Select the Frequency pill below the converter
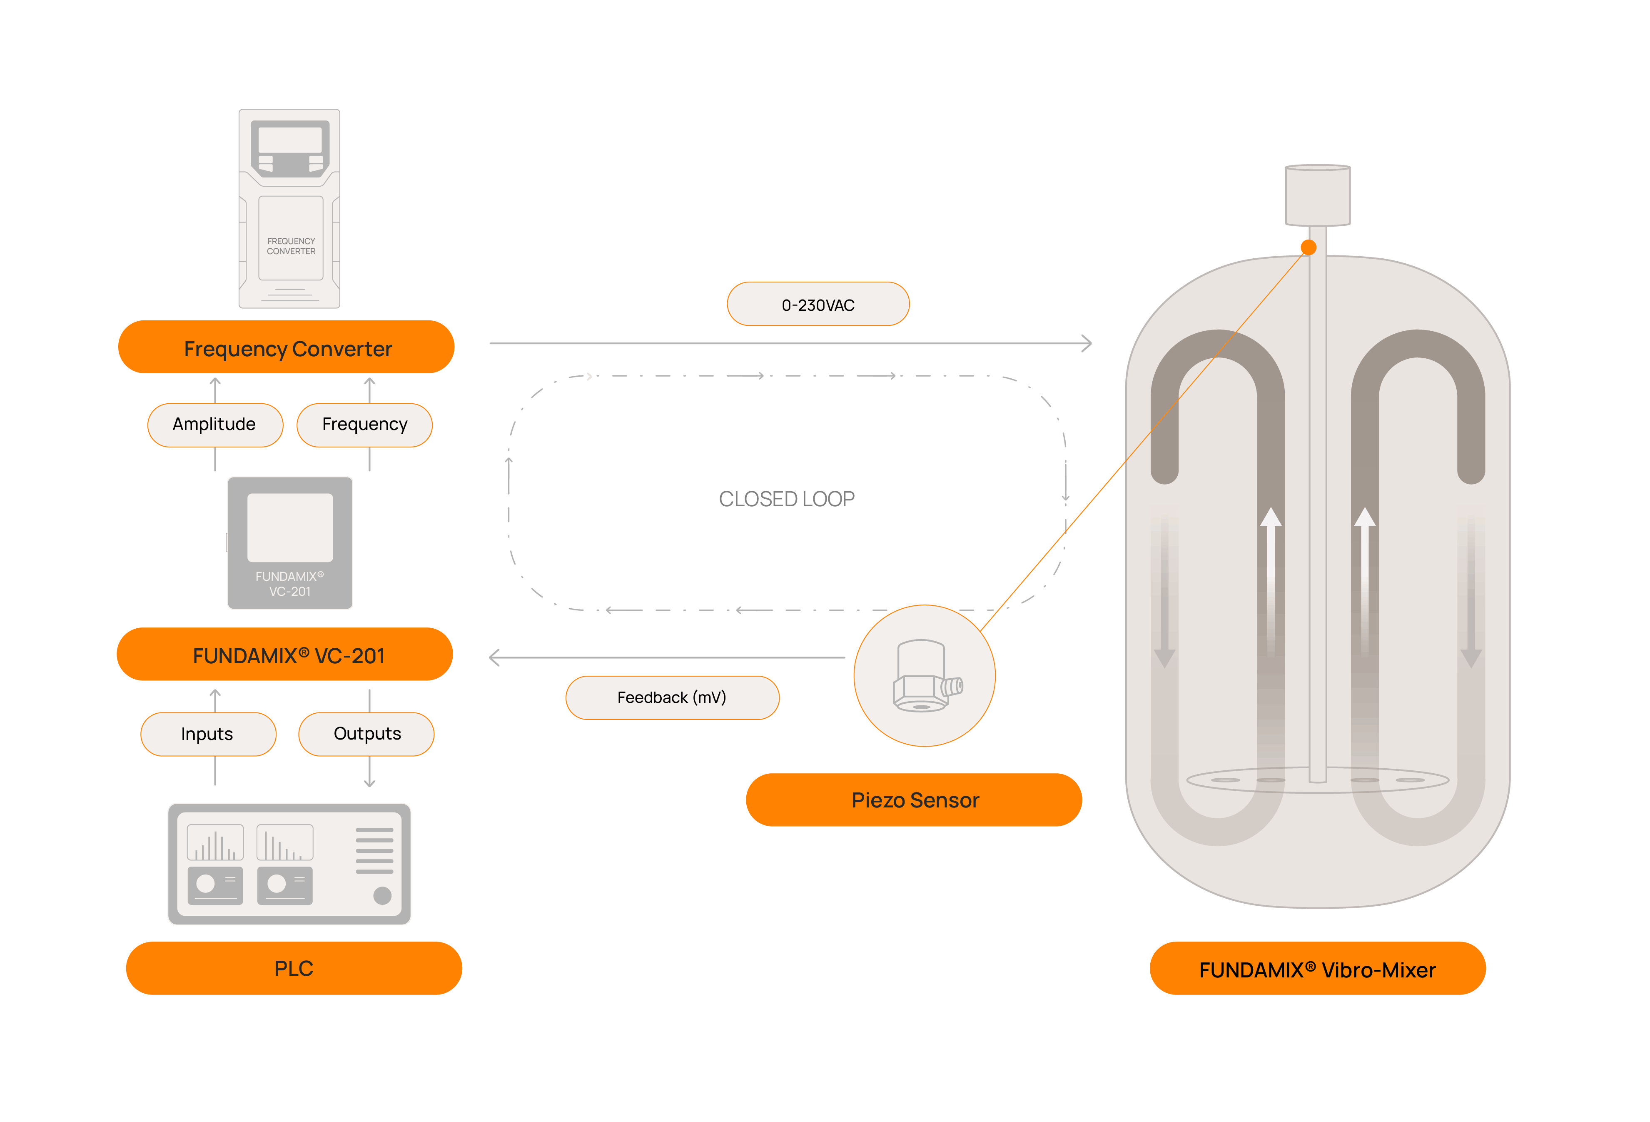364,425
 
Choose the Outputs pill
366,734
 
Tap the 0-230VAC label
818,305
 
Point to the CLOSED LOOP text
787,499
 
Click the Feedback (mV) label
672,697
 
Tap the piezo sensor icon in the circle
925,676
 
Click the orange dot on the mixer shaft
1309,247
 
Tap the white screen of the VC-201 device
290,527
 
